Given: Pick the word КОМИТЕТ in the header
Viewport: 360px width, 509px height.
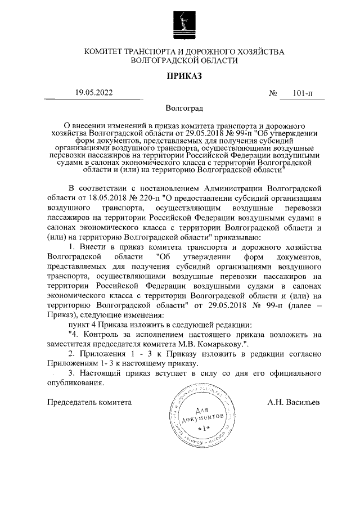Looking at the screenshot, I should tap(108, 52).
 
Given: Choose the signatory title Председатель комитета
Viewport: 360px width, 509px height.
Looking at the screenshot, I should tap(89, 403).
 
